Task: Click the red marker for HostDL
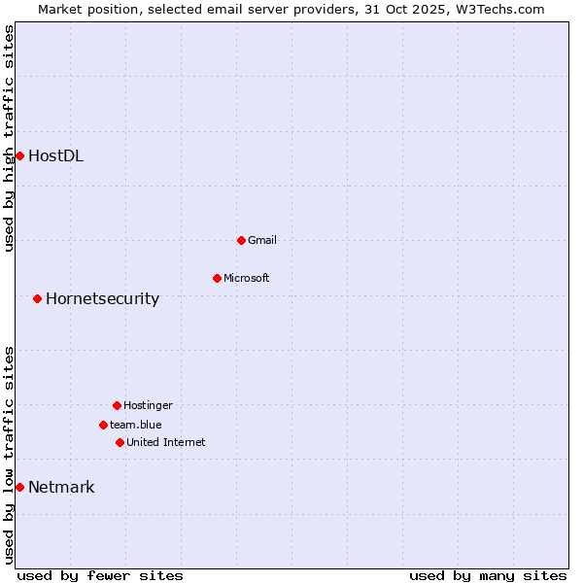coord(19,155)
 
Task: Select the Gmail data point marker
coord(241,240)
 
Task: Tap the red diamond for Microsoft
coord(217,279)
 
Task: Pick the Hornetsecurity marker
coord(37,298)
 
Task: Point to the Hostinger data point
coord(117,405)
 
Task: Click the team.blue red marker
coord(103,425)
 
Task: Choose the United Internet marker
coord(120,442)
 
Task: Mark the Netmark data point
coord(19,487)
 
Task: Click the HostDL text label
coord(55,155)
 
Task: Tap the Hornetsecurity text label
coord(102,298)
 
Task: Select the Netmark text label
coord(61,487)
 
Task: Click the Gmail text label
coord(262,240)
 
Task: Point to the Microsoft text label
coord(247,279)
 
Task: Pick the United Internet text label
coord(166,442)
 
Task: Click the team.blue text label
coord(136,425)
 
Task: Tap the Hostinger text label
coord(148,405)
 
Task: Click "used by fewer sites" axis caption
coord(100,575)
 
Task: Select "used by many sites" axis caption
coord(488,575)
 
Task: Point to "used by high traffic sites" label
coord(9,139)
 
